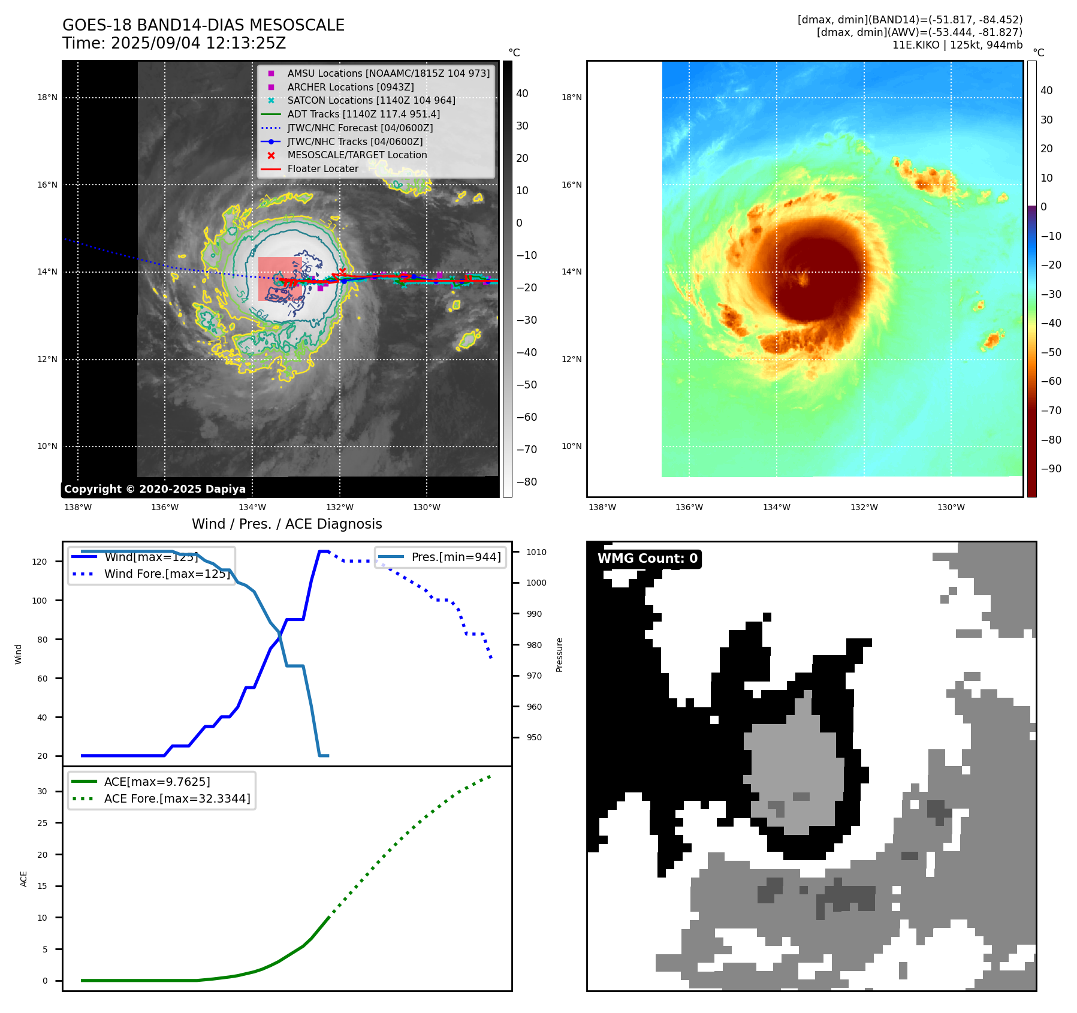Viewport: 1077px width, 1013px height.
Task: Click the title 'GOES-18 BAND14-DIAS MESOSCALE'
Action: click(x=203, y=25)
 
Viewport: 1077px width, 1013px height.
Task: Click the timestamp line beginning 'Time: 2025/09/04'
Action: click(x=174, y=43)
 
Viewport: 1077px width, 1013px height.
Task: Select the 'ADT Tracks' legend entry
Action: click(x=363, y=114)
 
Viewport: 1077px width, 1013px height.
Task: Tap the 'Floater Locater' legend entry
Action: click(x=322, y=168)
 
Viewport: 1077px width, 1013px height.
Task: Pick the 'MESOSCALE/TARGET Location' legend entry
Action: click(x=357, y=155)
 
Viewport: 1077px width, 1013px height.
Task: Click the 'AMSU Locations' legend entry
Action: click(x=388, y=73)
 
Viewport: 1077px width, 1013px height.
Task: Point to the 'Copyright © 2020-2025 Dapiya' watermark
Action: click(x=155, y=489)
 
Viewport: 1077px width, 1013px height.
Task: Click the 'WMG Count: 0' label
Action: click(x=647, y=559)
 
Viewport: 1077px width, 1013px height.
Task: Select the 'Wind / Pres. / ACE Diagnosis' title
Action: click(x=286, y=524)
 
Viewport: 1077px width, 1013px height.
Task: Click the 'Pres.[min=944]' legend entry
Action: click(x=455, y=557)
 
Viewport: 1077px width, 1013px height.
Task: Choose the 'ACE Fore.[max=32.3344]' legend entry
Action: click(x=177, y=798)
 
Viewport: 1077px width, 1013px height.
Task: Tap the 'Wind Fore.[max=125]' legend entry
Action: click(x=167, y=574)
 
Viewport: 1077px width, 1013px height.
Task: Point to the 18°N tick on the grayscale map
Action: click(x=47, y=97)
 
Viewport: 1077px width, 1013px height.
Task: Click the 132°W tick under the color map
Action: click(x=864, y=507)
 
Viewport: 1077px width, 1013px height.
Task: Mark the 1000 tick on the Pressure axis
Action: click(x=536, y=583)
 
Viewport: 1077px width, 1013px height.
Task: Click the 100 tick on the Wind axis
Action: click(x=40, y=601)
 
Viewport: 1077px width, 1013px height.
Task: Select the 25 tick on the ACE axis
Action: click(x=42, y=823)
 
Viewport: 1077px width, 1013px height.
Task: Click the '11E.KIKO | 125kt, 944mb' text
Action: click(x=957, y=45)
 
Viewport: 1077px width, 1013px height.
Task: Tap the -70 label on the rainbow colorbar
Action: click(x=1051, y=411)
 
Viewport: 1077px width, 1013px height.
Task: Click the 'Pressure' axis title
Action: click(x=559, y=655)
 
